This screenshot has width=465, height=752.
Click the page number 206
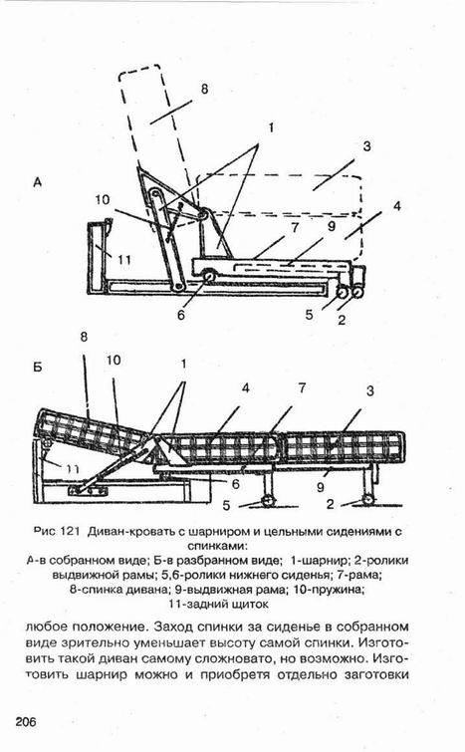pos(26,721)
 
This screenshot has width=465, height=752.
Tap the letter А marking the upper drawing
pos(38,182)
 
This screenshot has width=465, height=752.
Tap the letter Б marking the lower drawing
pos(38,368)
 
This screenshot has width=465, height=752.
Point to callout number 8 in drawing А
pos(205,90)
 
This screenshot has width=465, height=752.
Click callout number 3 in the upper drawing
pos(366,145)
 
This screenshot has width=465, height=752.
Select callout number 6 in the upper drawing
pos(181,315)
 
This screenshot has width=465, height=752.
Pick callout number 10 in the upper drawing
pos(103,199)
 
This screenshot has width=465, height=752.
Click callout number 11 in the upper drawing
pos(124,260)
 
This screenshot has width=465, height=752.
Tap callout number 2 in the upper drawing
pos(342,320)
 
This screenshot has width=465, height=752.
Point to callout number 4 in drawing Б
pos(245,387)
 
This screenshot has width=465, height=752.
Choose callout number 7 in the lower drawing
pos(302,387)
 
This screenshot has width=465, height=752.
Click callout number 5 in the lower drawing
pos(227,505)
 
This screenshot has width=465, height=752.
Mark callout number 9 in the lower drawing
pos(321,488)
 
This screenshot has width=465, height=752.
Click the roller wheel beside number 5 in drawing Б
pos(269,501)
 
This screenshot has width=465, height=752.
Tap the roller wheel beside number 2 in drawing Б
pos(368,499)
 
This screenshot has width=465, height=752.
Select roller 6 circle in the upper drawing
pos(209,277)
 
